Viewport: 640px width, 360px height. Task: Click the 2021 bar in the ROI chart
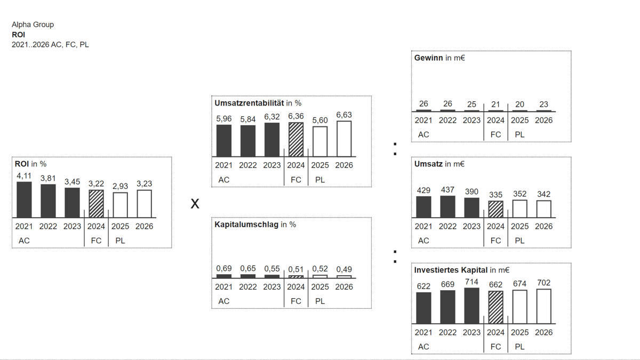24,199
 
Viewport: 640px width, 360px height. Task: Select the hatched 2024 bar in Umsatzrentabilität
296,139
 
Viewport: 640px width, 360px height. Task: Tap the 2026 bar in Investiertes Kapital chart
543,306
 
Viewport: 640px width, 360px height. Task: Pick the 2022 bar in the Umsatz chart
447,206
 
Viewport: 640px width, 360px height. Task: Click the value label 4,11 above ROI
24,175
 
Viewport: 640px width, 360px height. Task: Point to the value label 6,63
344,115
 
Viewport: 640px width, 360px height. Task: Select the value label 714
471,282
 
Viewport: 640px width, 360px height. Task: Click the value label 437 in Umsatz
447,189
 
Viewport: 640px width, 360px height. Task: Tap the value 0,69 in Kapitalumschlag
224,269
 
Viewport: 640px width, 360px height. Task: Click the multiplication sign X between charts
195,204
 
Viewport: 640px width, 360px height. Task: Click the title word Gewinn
428,58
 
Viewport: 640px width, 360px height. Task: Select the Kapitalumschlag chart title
246,225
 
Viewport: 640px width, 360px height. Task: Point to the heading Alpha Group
33,25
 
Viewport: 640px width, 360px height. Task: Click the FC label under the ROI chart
96,241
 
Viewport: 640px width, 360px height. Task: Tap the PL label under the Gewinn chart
519,134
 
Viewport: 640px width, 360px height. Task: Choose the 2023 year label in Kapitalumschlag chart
272,286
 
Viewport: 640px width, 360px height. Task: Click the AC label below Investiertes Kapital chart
423,347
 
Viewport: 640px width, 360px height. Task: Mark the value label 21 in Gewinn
495,105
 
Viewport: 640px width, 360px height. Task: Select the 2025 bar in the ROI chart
121,205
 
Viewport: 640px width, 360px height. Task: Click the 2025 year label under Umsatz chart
519,226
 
